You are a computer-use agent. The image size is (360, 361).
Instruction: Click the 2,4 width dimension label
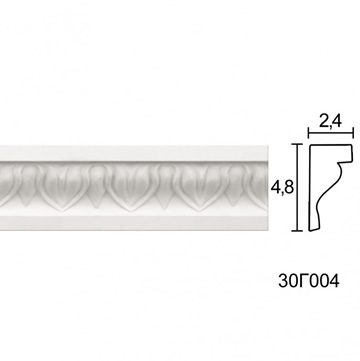pyautogui.click(x=330, y=122)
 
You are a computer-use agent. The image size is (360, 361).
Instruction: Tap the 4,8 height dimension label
pyautogui.click(x=282, y=188)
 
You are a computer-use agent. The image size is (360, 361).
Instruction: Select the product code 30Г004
pyautogui.click(x=309, y=281)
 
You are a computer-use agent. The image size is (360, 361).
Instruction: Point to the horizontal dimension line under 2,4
pyautogui.click(x=330, y=133)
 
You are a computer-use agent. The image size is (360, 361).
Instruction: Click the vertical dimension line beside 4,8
pyautogui.click(x=297, y=187)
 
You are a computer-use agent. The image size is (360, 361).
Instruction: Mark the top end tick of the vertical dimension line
pyautogui.click(x=297, y=144)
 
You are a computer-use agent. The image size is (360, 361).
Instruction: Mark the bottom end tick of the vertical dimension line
pyautogui.click(x=297, y=230)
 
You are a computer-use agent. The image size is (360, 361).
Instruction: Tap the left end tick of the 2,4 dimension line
pyautogui.click(x=308, y=133)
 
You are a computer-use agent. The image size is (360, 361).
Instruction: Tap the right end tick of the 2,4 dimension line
pyautogui.click(x=353, y=133)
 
